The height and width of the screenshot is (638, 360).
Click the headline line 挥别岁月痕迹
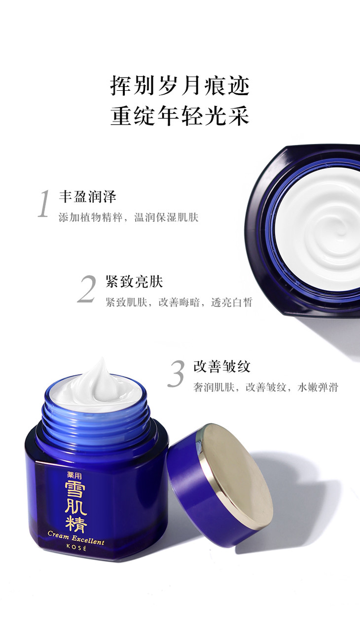(180, 85)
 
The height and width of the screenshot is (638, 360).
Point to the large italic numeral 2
(86, 288)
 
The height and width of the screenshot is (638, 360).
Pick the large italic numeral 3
(176, 373)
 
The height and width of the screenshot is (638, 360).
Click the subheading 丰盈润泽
(88, 197)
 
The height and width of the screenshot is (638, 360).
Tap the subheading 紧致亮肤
(134, 282)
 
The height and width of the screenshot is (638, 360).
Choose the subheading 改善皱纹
(222, 366)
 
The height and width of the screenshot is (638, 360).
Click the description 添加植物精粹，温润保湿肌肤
(128, 217)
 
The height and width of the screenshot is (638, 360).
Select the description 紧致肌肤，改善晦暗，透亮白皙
(179, 302)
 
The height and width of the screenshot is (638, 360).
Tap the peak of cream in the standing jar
(100, 360)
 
